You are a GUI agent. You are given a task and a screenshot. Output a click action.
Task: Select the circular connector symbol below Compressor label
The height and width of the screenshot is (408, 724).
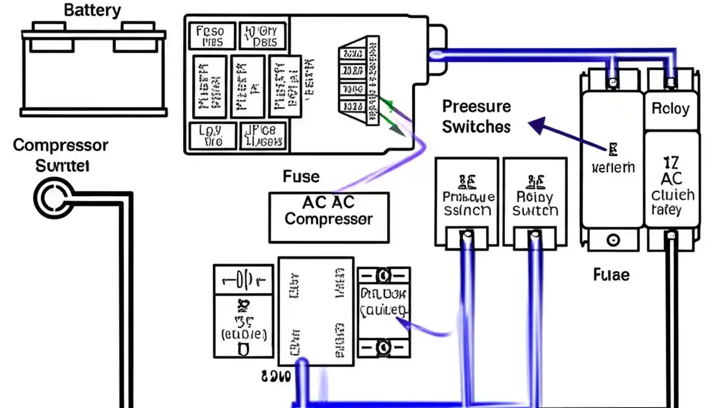click(x=52, y=197)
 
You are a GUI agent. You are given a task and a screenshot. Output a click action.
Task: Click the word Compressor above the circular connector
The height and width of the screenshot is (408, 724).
click(x=60, y=145)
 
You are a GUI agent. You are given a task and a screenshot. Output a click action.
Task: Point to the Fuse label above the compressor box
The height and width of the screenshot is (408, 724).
click(x=301, y=177)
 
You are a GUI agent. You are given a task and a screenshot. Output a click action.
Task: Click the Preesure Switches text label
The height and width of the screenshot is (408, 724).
click(x=476, y=117)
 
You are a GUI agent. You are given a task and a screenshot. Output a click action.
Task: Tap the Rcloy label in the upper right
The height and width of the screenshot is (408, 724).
click(x=671, y=109)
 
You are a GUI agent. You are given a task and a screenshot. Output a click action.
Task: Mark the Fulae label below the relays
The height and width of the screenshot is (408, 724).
click(x=611, y=275)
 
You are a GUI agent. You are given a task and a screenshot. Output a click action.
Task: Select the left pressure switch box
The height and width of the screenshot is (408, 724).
click(x=467, y=195)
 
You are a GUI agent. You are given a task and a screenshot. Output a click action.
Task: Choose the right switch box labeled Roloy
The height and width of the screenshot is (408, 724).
click(x=535, y=195)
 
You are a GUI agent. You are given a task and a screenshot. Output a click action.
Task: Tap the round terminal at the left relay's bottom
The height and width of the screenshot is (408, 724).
click(x=613, y=240)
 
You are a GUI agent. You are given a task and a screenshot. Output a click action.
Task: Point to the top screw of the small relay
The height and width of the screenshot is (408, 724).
click(x=383, y=276)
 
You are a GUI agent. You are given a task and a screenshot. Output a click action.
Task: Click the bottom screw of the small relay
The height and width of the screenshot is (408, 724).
click(x=383, y=346)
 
